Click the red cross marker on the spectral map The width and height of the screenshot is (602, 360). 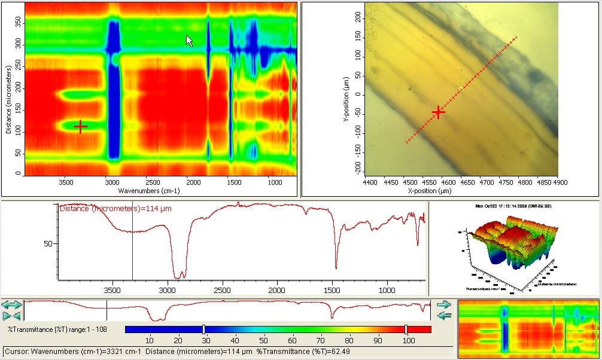(81, 126)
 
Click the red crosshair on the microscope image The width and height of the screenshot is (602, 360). (439, 112)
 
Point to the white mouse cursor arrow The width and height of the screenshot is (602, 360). (189, 41)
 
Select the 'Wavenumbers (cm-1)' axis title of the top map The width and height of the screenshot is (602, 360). (149, 191)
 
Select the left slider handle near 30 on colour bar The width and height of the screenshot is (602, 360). (204, 330)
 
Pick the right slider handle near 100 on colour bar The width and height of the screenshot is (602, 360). (406, 330)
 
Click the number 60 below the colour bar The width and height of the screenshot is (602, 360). (291, 340)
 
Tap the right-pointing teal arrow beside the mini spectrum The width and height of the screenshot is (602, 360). (443, 304)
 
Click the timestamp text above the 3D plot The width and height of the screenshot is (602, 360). (513, 206)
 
